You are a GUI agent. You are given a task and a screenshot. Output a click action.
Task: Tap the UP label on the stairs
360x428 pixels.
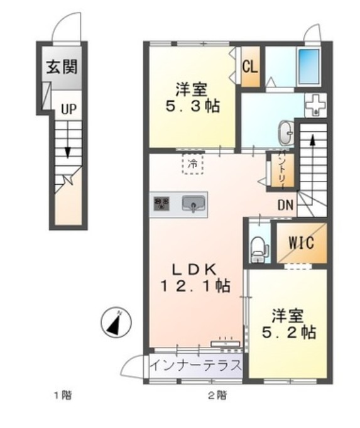68,109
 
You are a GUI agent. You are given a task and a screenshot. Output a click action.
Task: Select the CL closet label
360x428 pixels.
249,65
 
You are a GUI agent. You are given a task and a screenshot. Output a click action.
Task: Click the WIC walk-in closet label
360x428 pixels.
301,243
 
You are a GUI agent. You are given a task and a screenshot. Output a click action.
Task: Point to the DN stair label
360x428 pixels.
285,205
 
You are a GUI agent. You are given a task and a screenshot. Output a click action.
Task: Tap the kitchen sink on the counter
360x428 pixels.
194,204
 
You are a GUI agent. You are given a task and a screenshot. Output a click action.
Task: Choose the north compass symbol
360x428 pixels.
115,323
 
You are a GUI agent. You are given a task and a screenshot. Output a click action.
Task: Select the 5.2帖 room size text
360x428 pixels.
289,332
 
